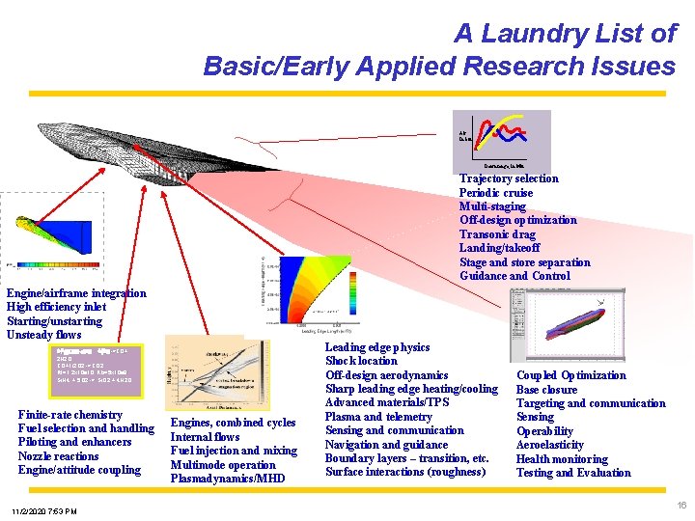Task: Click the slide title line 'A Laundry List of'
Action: click(x=565, y=34)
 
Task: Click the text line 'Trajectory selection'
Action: click(x=509, y=178)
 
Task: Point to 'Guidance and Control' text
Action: click(x=514, y=276)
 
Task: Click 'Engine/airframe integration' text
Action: click(x=76, y=293)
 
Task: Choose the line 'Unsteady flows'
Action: click(x=44, y=335)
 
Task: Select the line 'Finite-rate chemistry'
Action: click(x=70, y=415)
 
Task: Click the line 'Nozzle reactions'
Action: click(x=58, y=456)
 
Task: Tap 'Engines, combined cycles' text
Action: click(x=233, y=423)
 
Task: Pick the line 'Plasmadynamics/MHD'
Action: click(x=228, y=479)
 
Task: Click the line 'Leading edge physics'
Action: click(x=377, y=347)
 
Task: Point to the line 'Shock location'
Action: click(x=361, y=361)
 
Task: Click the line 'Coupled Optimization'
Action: click(x=571, y=375)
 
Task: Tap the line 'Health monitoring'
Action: click(x=562, y=459)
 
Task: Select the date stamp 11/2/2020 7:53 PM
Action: click(x=45, y=510)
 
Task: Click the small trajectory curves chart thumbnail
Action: click(x=501, y=142)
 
